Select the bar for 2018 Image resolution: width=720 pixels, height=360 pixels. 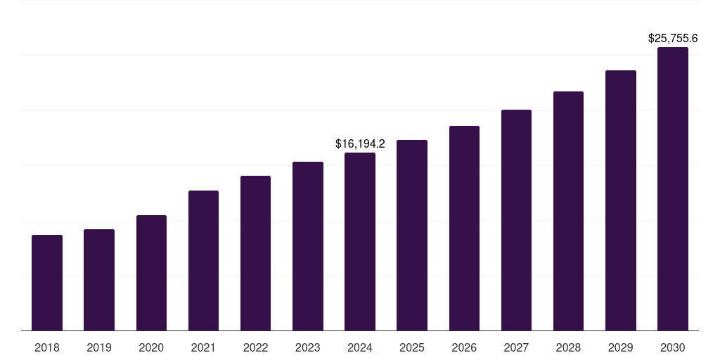[x=47, y=283]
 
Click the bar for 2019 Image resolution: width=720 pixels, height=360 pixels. [x=99, y=280]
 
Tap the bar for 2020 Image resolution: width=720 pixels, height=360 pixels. [x=151, y=273]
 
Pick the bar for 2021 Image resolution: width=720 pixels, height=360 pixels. [x=203, y=261]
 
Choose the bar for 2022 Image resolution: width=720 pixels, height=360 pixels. [x=255, y=253]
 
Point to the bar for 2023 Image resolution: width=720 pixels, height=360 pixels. [x=308, y=246]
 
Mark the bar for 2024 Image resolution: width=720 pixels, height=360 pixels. [x=360, y=242]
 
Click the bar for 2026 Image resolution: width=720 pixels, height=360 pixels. [x=464, y=229]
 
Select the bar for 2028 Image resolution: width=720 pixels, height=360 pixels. [x=568, y=211]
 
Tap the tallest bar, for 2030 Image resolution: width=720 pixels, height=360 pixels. [x=673, y=189]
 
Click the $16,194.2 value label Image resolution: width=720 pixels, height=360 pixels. [x=360, y=144]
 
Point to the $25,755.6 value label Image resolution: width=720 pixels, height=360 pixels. [x=673, y=39]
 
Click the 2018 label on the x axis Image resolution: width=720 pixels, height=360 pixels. [x=47, y=347]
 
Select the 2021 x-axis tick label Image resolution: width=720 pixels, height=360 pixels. [x=203, y=347]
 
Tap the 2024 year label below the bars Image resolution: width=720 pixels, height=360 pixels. [x=360, y=347]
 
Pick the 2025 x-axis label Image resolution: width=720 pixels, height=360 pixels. [x=412, y=347]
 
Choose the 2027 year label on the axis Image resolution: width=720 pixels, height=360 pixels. [x=516, y=347]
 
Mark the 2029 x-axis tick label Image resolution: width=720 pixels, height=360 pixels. [x=620, y=347]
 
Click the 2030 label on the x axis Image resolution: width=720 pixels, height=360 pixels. [x=673, y=347]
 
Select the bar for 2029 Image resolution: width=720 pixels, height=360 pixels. [x=620, y=200]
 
